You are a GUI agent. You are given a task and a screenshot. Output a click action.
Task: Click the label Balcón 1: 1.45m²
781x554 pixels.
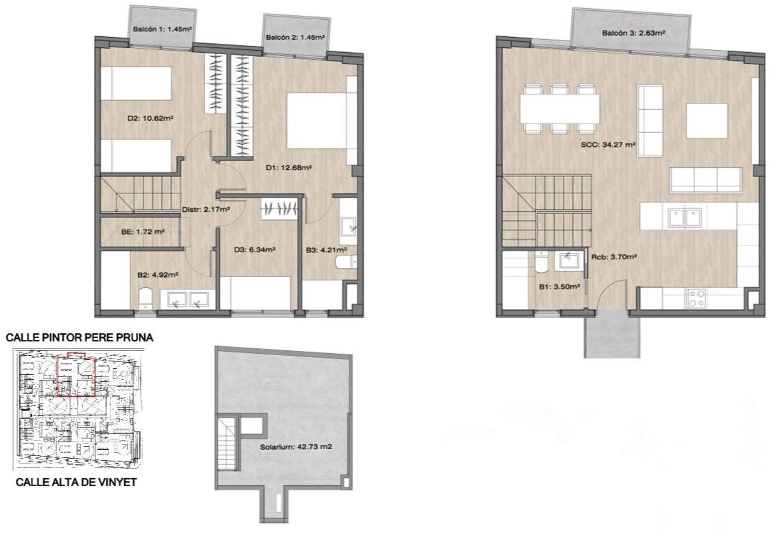[x=163, y=29]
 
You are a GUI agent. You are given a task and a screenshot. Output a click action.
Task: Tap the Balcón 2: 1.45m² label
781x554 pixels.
[x=295, y=37]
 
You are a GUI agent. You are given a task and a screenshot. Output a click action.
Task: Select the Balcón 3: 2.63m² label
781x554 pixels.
[x=633, y=34]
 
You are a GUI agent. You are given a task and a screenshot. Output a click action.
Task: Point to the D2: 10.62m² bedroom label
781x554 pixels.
[x=150, y=119]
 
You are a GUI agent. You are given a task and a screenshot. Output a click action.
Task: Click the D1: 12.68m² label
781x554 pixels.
[x=288, y=168]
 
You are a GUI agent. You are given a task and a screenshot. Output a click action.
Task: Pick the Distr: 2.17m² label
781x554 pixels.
[x=206, y=210]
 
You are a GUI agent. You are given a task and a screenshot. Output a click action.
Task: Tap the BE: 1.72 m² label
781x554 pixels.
[x=143, y=232]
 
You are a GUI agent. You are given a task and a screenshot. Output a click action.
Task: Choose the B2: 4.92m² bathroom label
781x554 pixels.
[x=158, y=274]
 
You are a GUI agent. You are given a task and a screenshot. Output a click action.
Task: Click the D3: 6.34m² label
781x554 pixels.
[x=255, y=250]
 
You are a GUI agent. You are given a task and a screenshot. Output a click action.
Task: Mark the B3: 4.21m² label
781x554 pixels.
[x=326, y=250]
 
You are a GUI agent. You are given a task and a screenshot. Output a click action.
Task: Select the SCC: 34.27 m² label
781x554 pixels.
[x=608, y=145]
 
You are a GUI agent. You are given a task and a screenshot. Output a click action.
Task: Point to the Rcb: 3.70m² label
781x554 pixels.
[x=615, y=257]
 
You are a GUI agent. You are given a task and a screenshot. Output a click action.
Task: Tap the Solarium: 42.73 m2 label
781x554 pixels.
[x=296, y=447]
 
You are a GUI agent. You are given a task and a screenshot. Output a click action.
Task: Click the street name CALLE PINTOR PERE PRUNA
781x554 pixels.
[x=80, y=337]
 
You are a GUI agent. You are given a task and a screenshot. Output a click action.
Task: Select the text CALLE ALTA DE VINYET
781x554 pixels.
[x=76, y=482]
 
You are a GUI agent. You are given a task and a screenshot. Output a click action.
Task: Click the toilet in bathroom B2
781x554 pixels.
[x=145, y=297]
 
